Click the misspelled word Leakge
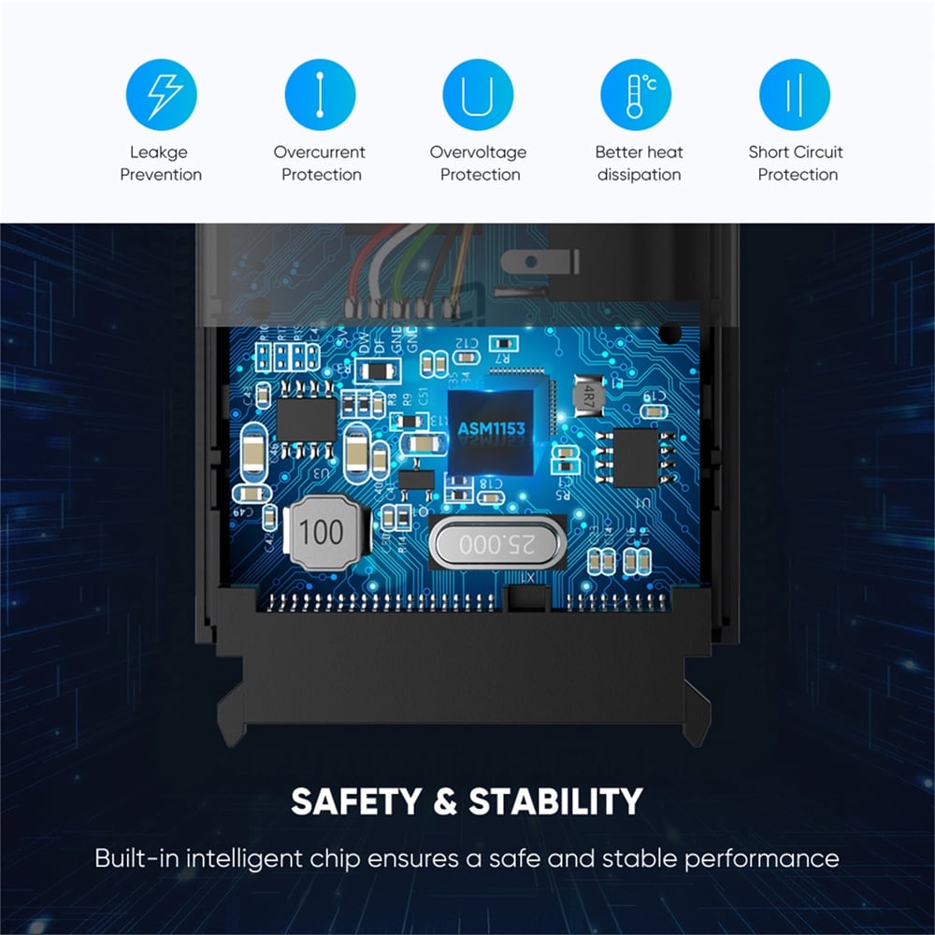(x=159, y=152)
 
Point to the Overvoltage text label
(x=478, y=152)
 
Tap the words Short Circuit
(x=796, y=152)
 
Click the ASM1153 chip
(x=491, y=429)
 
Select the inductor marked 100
(x=322, y=532)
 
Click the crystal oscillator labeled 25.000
(x=497, y=542)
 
